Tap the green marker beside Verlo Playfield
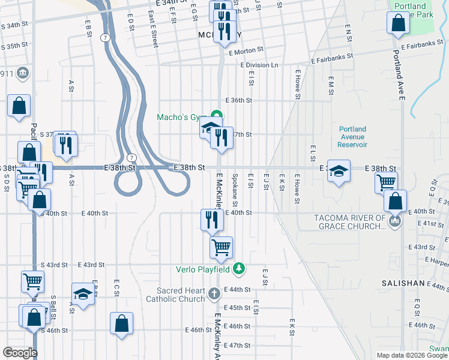point(239,268)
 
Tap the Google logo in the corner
point(20,353)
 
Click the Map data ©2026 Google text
point(412,355)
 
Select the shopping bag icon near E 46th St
point(122,323)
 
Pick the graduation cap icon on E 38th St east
point(339,170)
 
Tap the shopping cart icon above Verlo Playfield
point(221,246)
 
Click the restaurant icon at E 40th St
point(212,218)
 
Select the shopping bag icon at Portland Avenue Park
point(398,23)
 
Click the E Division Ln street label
point(260,65)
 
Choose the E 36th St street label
point(238,101)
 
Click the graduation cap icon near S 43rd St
point(83,294)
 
